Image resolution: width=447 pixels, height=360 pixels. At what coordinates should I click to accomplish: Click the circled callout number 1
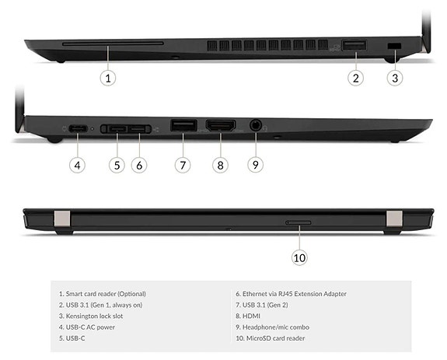pyautogui.click(x=109, y=77)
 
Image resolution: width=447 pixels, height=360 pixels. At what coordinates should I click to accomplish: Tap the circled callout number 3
pyautogui.click(x=395, y=77)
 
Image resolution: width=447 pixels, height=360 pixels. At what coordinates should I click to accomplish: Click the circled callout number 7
pyautogui.click(x=183, y=164)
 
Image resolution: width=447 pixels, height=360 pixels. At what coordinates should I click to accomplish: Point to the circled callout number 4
pyautogui.click(x=76, y=164)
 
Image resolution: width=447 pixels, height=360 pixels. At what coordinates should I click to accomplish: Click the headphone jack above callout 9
pyautogui.click(x=255, y=124)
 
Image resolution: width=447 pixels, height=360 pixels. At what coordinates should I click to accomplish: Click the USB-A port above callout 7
pyautogui.click(x=183, y=125)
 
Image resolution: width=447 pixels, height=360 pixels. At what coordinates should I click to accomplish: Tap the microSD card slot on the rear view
pyautogui.click(x=299, y=222)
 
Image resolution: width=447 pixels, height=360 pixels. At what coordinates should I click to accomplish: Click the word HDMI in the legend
pyautogui.click(x=252, y=316)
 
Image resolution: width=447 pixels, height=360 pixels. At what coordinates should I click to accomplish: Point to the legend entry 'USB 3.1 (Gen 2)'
pyautogui.click(x=268, y=305)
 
